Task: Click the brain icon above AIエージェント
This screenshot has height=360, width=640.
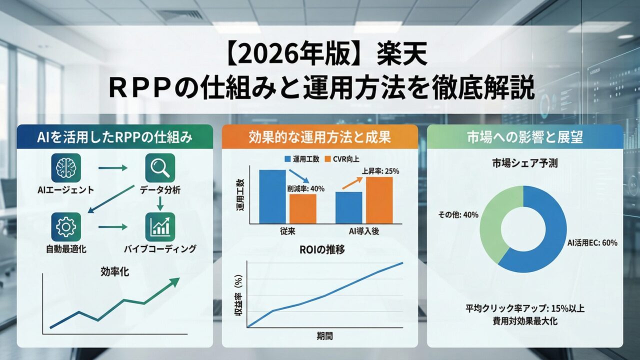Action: tap(66, 168)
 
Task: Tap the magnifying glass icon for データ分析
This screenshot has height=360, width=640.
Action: tap(160, 168)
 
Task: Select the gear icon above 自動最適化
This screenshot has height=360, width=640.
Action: tap(66, 227)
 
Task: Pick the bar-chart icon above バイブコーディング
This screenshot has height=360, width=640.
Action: tap(160, 227)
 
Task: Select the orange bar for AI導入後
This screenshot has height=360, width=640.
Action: tap(379, 200)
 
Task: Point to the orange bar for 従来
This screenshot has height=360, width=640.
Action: tap(303, 209)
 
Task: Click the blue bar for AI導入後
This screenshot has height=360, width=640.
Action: tap(349, 207)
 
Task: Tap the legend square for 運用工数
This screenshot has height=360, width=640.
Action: tap(287, 159)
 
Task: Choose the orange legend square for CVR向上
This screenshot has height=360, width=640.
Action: tap(327, 159)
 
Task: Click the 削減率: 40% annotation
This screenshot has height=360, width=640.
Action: tap(305, 189)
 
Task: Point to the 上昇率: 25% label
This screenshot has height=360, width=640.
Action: tap(380, 171)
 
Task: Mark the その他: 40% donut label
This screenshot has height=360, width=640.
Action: tap(458, 214)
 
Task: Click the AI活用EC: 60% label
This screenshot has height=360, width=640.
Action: tap(592, 243)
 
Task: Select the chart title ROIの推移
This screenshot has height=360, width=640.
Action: tap(322, 249)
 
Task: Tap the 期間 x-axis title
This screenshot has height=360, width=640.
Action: tap(325, 336)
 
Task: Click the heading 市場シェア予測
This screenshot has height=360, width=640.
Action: tap(525, 163)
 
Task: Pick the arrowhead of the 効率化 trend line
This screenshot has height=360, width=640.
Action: tap(174, 281)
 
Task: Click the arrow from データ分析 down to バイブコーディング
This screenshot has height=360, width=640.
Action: tap(160, 203)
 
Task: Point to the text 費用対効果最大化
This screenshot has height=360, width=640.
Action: tap(525, 321)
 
